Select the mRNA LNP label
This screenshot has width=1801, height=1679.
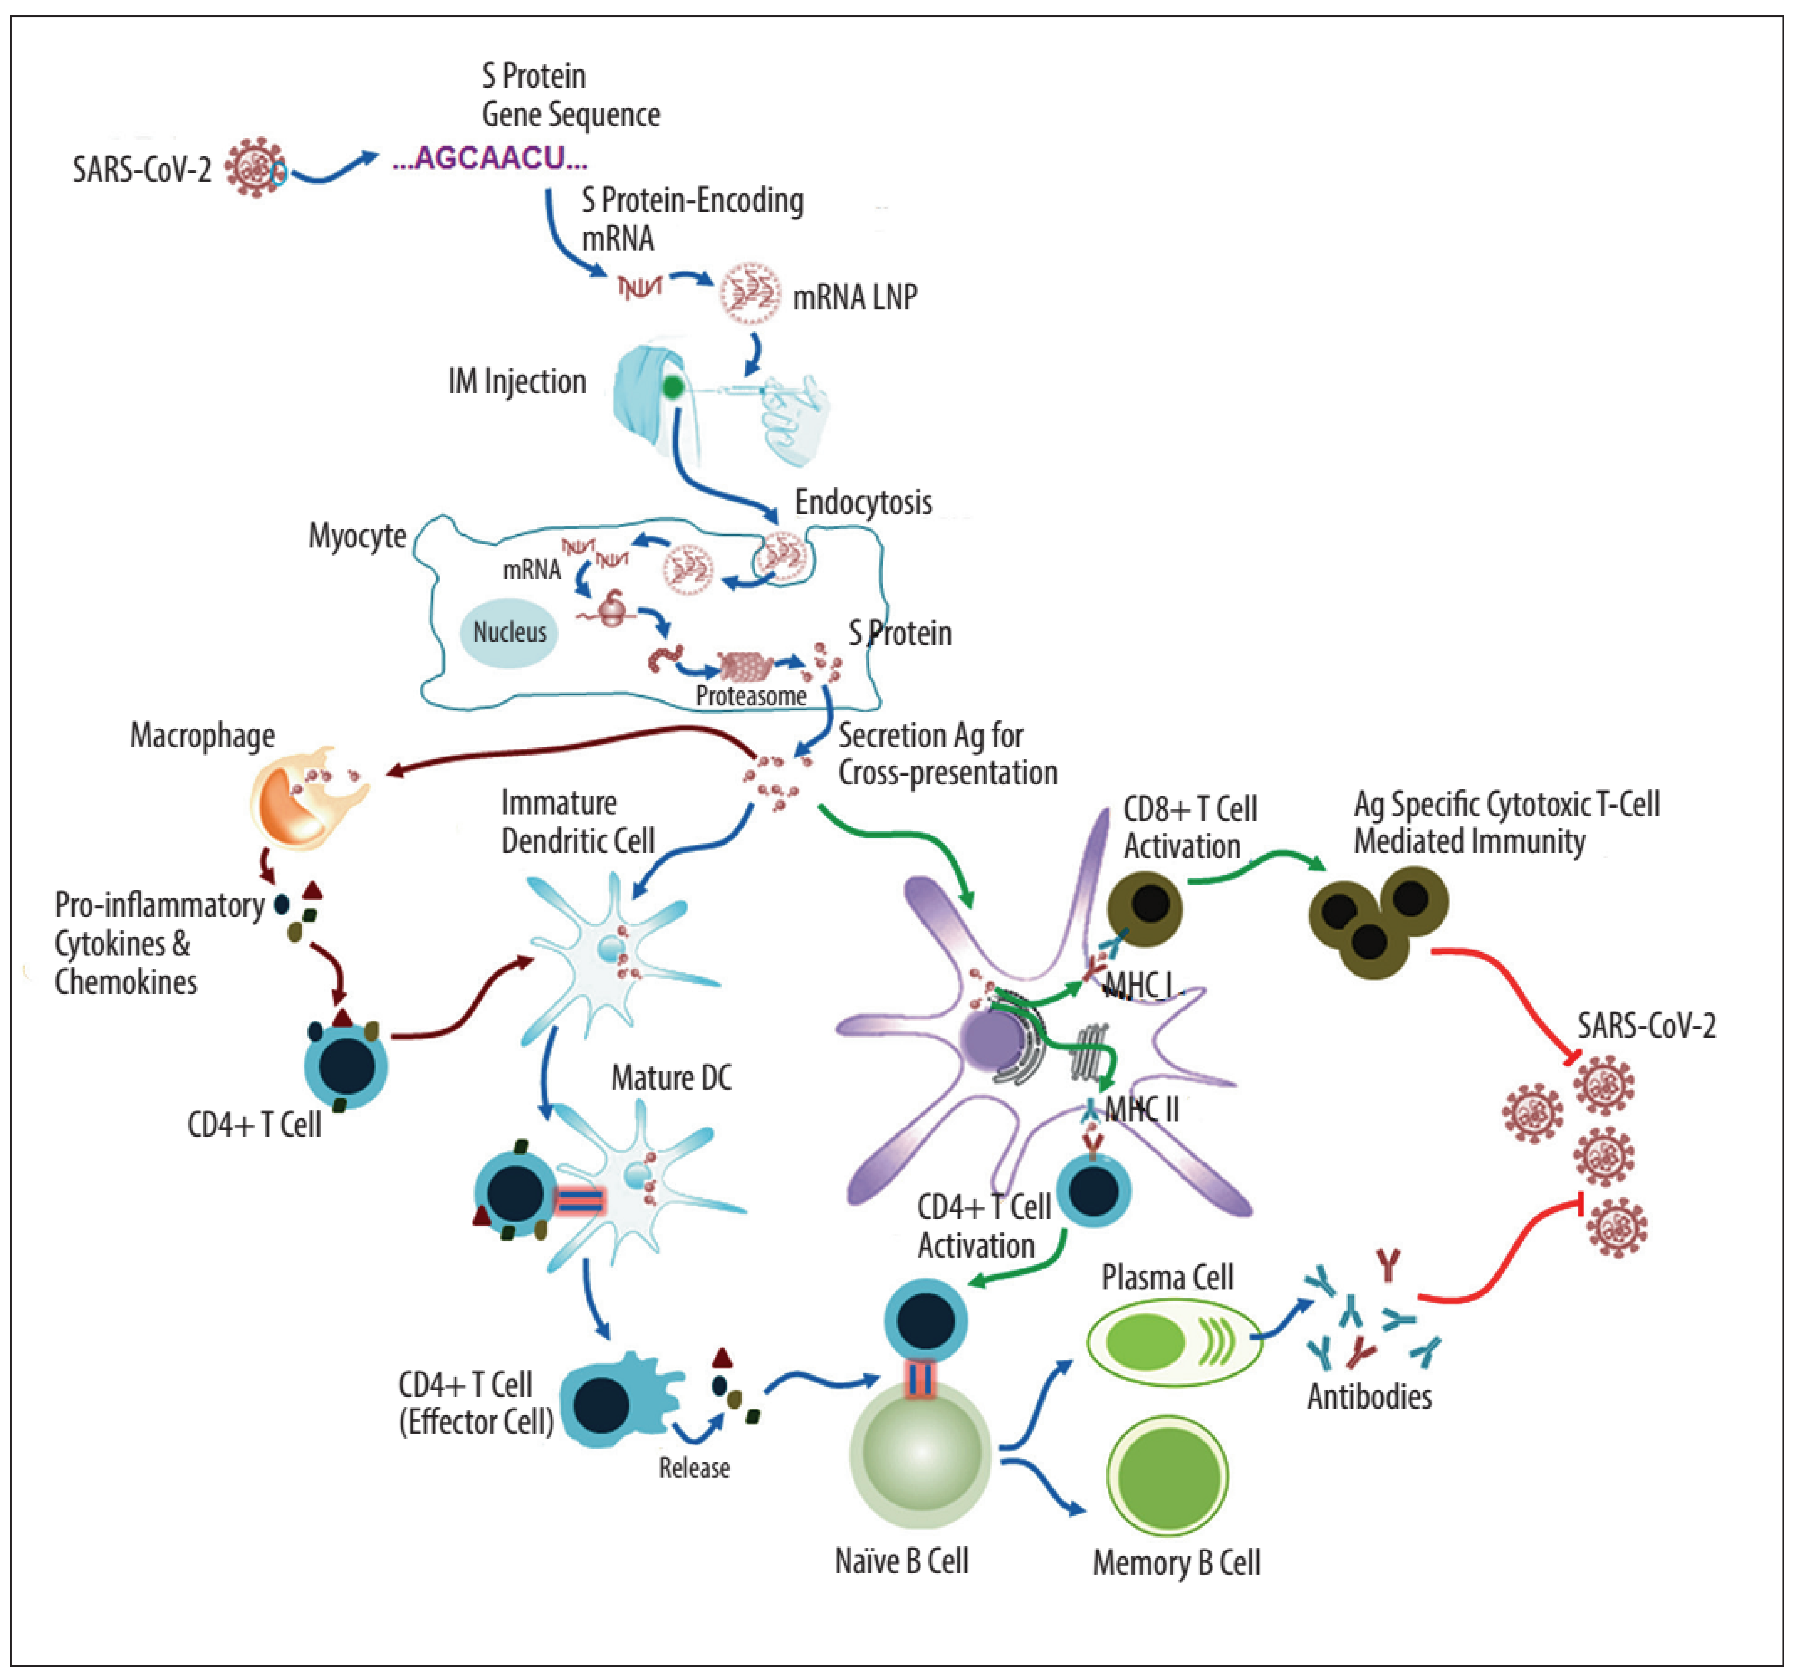(x=854, y=297)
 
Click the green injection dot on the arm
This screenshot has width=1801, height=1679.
(x=672, y=388)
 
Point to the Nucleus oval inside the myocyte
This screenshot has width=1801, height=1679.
(x=509, y=632)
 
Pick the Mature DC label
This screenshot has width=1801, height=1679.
(x=671, y=1077)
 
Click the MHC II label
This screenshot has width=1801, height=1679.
(x=1142, y=1109)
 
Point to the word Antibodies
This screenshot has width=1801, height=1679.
(x=1369, y=1396)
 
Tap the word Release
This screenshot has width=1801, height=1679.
(x=694, y=1467)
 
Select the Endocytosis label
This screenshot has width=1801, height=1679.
(x=863, y=502)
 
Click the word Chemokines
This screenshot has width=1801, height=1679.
(x=126, y=982)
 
